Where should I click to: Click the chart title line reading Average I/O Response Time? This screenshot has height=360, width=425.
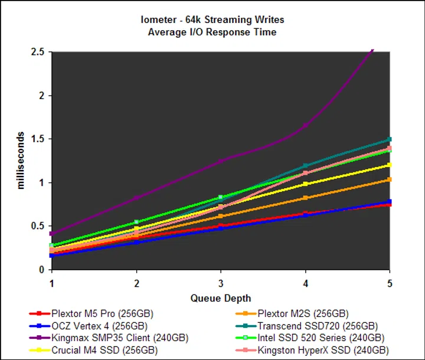pos(212,32)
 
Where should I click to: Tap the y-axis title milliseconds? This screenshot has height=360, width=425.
pos(21,160)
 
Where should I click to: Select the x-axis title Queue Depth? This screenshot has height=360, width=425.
pos(220,298)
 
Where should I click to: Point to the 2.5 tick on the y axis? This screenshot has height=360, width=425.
pos(38,52)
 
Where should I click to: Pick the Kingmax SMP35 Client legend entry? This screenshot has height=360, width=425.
pos(118,338)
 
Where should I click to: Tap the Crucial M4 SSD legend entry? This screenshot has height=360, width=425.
pos(104,351)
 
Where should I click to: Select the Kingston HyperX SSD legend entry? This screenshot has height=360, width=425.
pos(321,351)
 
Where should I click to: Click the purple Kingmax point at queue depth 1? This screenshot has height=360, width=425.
pos(52,234)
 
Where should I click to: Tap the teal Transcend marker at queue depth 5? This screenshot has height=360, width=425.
pos(389,139)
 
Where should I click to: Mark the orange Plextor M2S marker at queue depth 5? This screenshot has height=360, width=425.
pos(389,179)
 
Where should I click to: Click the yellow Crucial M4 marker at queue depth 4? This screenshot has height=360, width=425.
pos(305,184)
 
